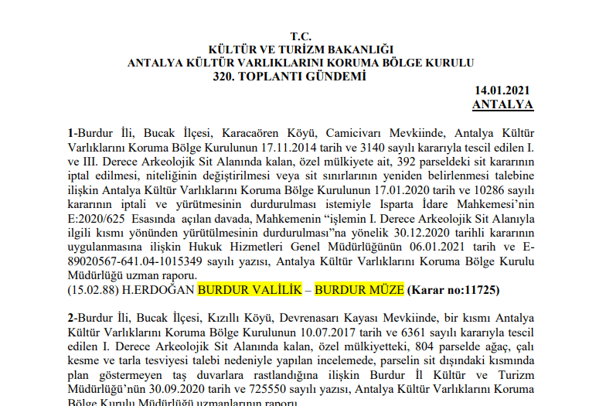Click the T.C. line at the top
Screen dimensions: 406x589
point(300,36)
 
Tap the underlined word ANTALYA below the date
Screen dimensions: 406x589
point(502,104)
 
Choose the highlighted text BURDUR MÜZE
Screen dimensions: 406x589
point(359,291)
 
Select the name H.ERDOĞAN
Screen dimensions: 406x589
point(162,291)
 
